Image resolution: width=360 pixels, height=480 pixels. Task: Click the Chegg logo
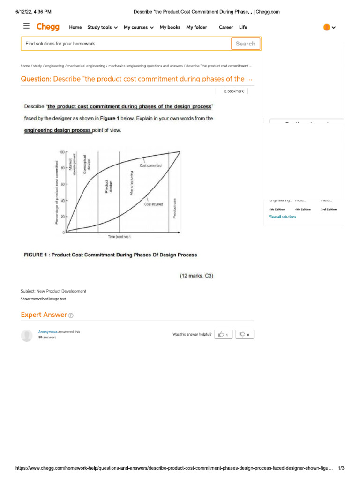[48, 27]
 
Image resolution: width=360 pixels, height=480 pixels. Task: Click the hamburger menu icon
[26, 26]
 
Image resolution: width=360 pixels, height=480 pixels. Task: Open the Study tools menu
[102, 27]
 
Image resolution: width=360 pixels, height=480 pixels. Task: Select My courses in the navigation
[138, 27]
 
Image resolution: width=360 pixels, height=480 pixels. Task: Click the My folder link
[196, 27]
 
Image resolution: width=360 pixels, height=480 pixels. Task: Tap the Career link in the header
[226, 27]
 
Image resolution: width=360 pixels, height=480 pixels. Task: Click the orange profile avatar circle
[326, 27]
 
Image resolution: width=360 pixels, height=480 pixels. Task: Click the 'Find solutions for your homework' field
[126, 44]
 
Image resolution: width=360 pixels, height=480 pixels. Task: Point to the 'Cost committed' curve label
[150, 165]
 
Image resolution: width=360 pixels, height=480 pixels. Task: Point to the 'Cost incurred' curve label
[153, 204]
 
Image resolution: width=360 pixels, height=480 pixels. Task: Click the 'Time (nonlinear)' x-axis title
[120, 237]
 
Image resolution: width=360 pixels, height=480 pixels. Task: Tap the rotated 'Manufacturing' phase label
[125, 182]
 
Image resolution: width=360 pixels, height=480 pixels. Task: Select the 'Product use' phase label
[175, 208]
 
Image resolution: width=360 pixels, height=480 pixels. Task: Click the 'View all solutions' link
[282, 217]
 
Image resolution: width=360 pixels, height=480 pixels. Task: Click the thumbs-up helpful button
[224, 334]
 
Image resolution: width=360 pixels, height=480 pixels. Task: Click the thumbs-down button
[244, 334]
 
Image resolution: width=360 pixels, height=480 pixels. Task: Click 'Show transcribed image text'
[43, 299]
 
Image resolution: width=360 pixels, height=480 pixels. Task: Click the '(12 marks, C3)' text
[196, 276]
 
